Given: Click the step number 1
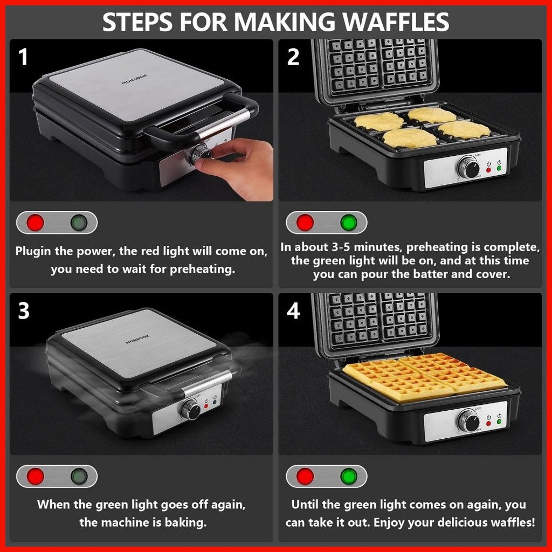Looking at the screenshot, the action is pos(23,57).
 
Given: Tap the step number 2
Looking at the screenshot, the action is pos(293,57).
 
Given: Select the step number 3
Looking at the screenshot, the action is pos(24,311).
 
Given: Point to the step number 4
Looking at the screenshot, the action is pos(293,311).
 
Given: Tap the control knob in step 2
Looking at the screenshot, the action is pos(469,167).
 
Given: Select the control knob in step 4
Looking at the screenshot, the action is pos(469,420).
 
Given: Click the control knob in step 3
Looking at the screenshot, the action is pos(191,409).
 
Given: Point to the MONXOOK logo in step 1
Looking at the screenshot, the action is pos(134,79).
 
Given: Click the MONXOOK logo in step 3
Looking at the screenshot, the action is pos(137,340).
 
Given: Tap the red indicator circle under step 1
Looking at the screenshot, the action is pos(36,223).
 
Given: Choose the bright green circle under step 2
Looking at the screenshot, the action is pos(349,223).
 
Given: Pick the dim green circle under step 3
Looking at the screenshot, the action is pos(79,477).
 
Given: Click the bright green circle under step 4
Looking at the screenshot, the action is pos(349,477).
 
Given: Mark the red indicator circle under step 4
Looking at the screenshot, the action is pos(305,477).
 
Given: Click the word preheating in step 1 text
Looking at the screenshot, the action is pos(202,270).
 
